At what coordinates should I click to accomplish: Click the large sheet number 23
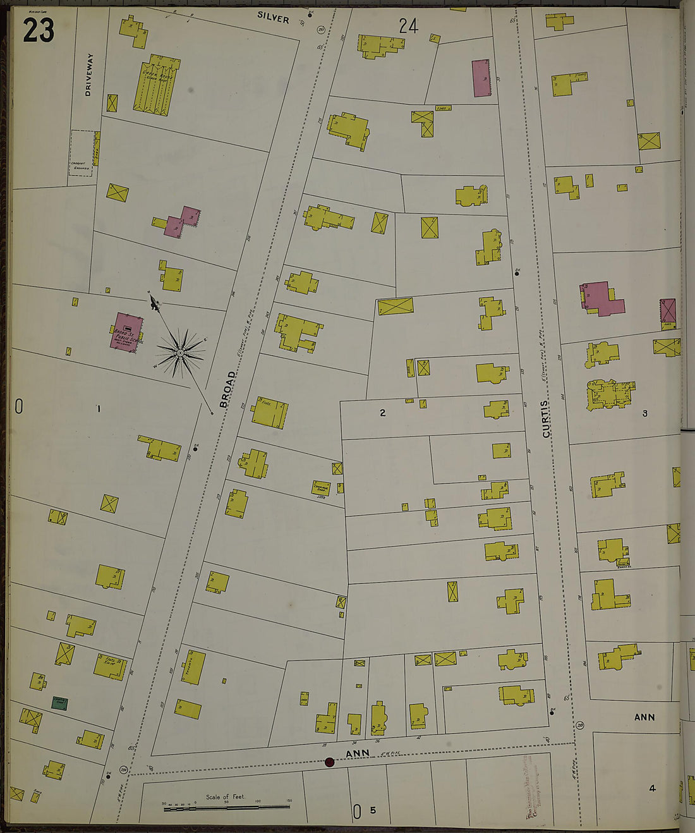(39, 30)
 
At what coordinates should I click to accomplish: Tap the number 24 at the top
(408, 26)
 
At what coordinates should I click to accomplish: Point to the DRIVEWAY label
(88, 75)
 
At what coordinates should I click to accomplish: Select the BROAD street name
(227, 389)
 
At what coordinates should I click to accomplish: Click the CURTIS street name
(546, 418)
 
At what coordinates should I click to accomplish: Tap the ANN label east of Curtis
(644, 717)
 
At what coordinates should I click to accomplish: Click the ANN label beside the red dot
(357, 753)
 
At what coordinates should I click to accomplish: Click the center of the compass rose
(181, 352)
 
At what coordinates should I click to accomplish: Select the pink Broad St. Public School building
(127, 331)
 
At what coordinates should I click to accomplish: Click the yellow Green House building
(155, 85)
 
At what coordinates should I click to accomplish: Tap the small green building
(60, 703)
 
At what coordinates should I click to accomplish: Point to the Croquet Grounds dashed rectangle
(81, 153)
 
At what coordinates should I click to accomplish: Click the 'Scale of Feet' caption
(225, 796)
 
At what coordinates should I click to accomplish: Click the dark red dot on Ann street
(329, 762)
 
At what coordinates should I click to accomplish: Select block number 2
(382, 413)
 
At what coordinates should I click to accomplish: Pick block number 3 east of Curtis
(644, 413)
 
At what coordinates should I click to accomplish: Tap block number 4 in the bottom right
(652, 787)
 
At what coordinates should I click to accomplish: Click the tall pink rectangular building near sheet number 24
(481, 78)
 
